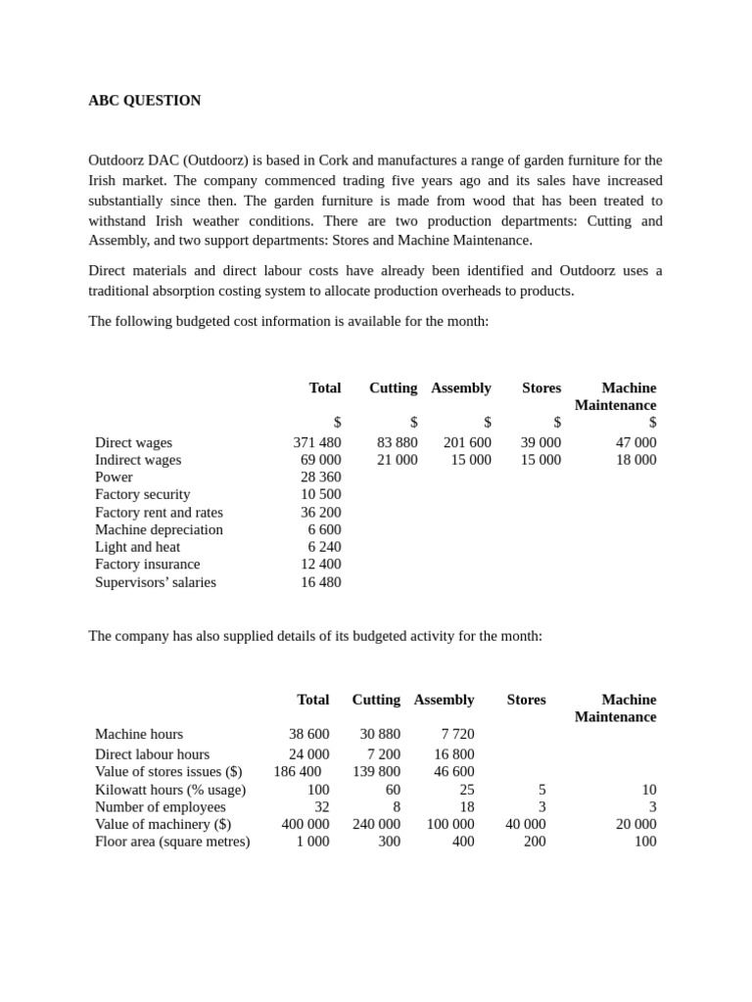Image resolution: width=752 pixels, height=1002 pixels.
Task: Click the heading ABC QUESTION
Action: (x=145, y=101)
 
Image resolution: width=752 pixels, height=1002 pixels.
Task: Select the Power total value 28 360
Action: (x=321, y=478)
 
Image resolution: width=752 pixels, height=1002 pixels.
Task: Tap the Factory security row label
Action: (x=143, y=495)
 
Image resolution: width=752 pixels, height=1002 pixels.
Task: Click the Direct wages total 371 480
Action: (x=317, y=443)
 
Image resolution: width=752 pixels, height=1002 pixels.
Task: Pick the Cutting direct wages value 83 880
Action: (x=397, y=443)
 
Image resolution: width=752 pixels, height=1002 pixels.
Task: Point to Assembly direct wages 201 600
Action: (x=467, y=443)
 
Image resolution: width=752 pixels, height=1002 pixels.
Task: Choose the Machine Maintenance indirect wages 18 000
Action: (x=635, y=460)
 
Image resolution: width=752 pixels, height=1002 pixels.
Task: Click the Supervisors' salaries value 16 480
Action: (x=321, y=582)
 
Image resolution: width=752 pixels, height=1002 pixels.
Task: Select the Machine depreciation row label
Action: (x=159, y=530)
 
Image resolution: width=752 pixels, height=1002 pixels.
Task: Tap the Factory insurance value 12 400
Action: (x=321, y=565)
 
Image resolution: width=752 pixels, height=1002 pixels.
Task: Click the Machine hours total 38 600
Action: (x=309, y=734)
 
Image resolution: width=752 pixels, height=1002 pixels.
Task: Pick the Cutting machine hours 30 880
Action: (x=380, y=734)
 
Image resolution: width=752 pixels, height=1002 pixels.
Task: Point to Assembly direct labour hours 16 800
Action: (x=453, y=754)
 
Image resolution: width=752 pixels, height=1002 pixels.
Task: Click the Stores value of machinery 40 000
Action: (x=526, y=824)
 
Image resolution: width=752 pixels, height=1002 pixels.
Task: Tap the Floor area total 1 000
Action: (x=312, y=842)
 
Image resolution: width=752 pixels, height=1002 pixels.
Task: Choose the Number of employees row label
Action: (x=161, y=807)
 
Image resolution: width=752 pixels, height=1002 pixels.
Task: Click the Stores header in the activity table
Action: (x=526, y=700)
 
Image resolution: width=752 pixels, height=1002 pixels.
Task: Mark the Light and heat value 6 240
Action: (x=324, y=547)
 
